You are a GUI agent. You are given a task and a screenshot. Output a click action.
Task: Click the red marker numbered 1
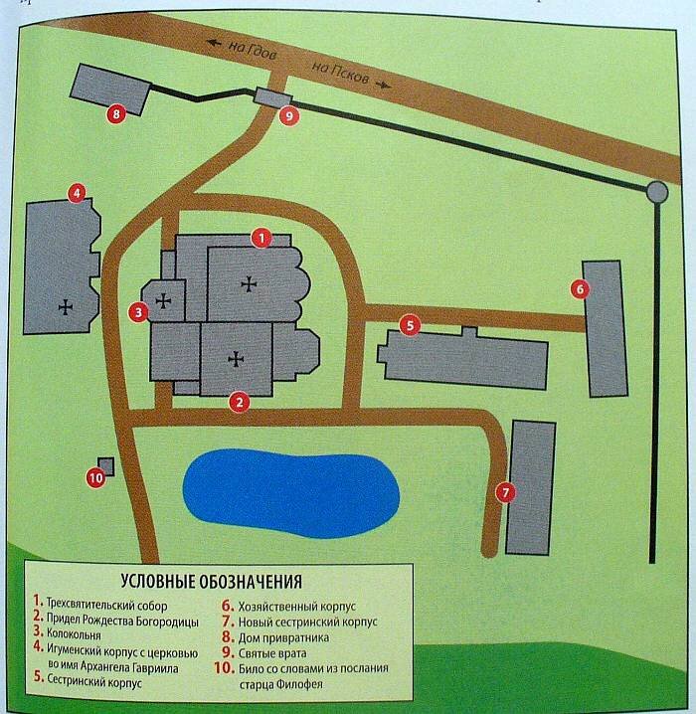coord(261,238)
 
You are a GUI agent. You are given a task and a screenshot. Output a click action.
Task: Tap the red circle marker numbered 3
coord(138,312)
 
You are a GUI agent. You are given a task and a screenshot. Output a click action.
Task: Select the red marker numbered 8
coord(116,113)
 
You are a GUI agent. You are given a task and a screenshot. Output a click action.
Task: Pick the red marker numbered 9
coord(289,115)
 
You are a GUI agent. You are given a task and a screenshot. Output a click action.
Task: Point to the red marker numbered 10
coord(96,478)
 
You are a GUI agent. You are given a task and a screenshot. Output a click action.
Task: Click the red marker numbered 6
coord(580,289)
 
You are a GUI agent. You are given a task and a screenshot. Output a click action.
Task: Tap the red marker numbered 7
coord(505,492)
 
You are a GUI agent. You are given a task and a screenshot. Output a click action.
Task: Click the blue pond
coord(291,493)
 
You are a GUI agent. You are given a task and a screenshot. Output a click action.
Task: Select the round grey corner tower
coord(657,192)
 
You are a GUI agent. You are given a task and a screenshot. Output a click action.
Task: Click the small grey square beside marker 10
coord(107,465)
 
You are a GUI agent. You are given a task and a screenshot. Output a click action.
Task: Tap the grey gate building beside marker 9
coord(272,97)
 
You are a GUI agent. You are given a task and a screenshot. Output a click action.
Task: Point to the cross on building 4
coord(66,307)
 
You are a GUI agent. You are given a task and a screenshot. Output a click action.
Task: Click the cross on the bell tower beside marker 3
coord(163,300)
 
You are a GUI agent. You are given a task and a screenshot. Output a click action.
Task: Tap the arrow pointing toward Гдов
coord(214,44)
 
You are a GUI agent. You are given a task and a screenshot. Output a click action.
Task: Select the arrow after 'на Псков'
coord(383,85)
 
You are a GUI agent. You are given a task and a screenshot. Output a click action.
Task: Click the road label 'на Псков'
coord(340,73)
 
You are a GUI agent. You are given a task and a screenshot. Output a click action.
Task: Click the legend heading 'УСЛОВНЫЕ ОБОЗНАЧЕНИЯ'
coord(211,582)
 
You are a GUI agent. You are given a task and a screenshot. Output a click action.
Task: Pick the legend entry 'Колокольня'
coord(74,634)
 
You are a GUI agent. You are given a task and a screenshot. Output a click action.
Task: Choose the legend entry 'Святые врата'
coord(272,653)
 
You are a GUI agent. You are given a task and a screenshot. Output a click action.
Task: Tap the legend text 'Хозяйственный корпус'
coord(296,607)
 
